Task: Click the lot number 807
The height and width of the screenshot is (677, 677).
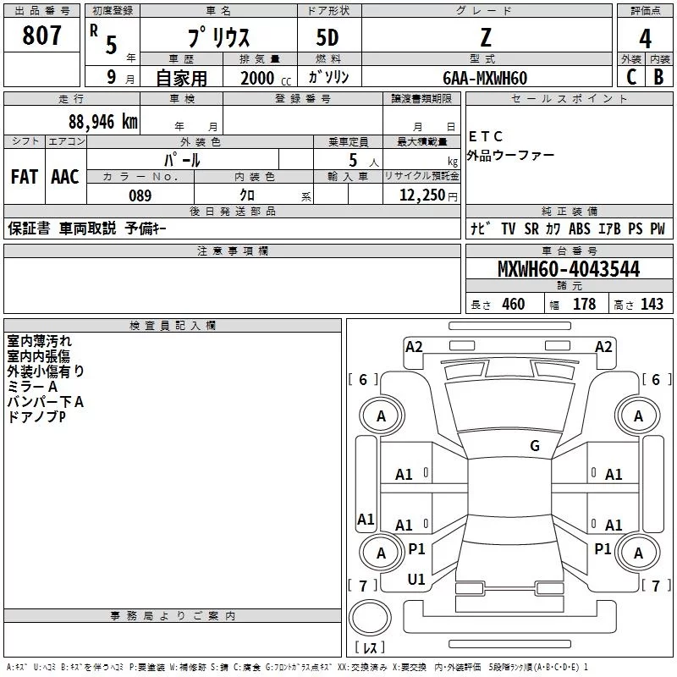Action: (41, 35)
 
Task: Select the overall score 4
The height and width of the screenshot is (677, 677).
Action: (645, 39)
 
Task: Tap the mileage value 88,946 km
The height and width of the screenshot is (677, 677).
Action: (102, 122)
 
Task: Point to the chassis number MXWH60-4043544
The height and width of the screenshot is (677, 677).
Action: (569, 269)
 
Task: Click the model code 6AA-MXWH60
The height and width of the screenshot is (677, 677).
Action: (485, 78)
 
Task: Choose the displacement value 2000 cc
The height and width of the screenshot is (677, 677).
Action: (266, 78)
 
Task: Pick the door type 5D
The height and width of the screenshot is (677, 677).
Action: (327, 37)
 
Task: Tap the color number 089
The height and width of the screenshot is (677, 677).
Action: (140, 195)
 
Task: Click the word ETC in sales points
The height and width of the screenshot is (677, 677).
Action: (485, 136)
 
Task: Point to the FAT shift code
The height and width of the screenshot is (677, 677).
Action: (25, 177)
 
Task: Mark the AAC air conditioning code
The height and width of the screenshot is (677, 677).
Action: (65, 177)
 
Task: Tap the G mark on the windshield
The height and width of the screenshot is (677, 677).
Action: (535, 445)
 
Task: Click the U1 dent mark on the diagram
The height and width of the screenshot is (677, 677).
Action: (416, 580)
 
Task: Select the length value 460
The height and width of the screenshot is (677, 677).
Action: (514, 304)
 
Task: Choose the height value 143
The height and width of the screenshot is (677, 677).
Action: (652, 304)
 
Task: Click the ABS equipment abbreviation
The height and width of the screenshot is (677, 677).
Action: (580, 228)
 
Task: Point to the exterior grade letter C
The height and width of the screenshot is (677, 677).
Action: (631, 77)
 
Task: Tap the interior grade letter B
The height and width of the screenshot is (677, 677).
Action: (658, 77)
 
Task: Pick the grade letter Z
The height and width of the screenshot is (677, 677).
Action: (486, 37)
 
